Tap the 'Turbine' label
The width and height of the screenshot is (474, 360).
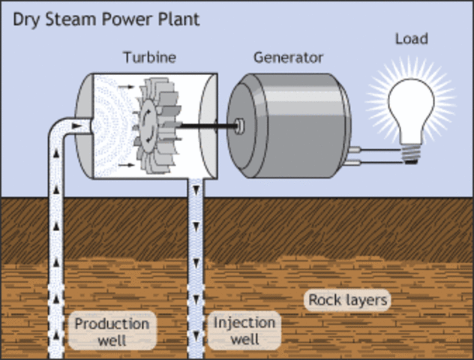[x=148, y=57]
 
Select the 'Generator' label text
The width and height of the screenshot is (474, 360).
[x=288, y=57]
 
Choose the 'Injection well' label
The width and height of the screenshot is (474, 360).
[x=244, y=331]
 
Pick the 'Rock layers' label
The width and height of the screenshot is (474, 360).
[x=348, y=301]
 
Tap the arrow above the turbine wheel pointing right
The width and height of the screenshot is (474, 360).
[x=127, y=87]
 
